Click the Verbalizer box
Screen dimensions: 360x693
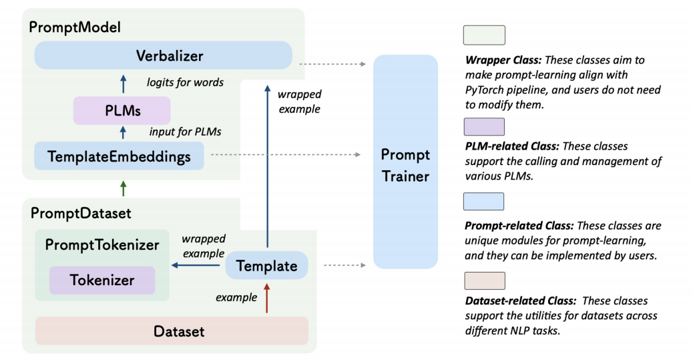tap(163, 55)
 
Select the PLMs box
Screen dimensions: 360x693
tap(122, 110)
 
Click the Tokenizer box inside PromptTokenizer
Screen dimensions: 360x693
tap(102, 281)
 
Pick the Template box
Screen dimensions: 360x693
tap(266, 266)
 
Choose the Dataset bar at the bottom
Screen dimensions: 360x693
tap(172, 331)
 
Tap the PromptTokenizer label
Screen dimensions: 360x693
tap(102, 245)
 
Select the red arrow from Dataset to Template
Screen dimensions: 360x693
tap(266, 298)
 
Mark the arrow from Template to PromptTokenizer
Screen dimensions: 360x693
tap(197, 265)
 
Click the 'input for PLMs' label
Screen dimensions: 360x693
tap(185, 132)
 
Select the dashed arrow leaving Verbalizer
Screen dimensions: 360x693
tap(332, 64)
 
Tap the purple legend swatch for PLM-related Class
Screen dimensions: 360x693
tap(484, 126)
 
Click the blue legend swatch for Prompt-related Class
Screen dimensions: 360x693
tap(484, 201)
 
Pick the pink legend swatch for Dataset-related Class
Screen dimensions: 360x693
tap(484, 281)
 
